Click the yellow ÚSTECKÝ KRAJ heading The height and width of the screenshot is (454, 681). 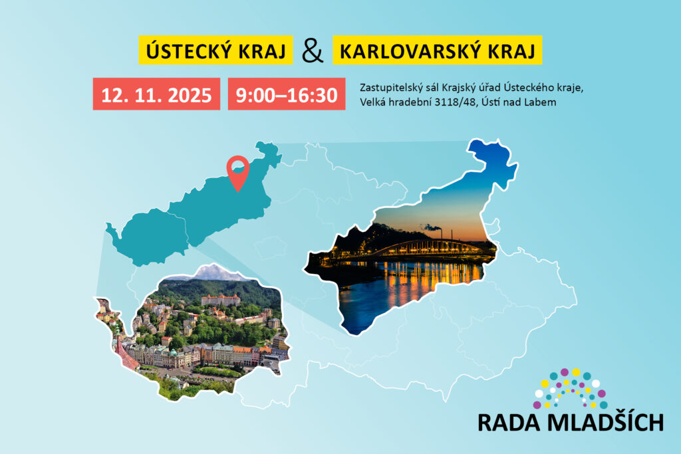215,51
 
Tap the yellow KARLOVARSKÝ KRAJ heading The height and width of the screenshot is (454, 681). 438,51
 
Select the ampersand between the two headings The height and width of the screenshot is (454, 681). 313,51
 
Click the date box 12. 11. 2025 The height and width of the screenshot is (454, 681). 156,94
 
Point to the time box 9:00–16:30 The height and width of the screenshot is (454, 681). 287,94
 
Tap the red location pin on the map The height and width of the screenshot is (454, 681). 238,172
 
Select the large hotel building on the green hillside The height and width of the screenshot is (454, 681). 220,300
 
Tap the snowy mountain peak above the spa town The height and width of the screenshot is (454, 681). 214,273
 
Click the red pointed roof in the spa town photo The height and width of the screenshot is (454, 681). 125,354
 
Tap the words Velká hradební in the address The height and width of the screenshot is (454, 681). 395,102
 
